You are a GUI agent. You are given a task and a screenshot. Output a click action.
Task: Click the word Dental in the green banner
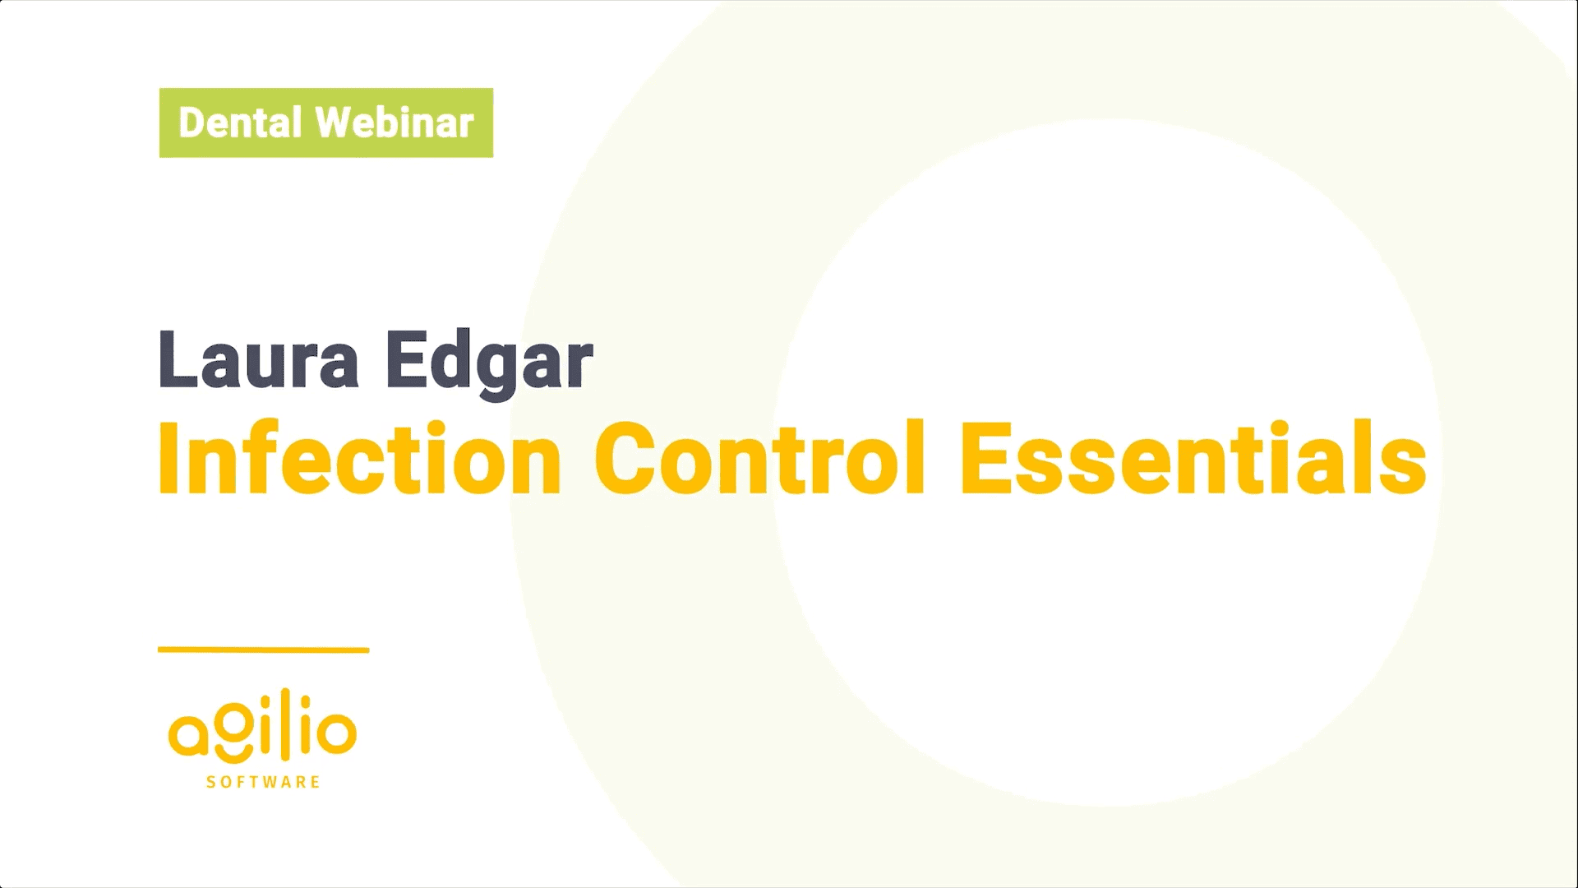[240, 123]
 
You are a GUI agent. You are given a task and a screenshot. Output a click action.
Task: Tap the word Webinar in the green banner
[394, 123]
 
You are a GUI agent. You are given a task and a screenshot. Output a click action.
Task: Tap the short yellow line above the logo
[263, 650]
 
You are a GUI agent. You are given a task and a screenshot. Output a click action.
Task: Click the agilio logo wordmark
[262, 728]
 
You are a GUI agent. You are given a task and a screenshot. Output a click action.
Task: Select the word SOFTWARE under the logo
[263, 782]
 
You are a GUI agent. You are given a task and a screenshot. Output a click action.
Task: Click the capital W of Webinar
[337, 123]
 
